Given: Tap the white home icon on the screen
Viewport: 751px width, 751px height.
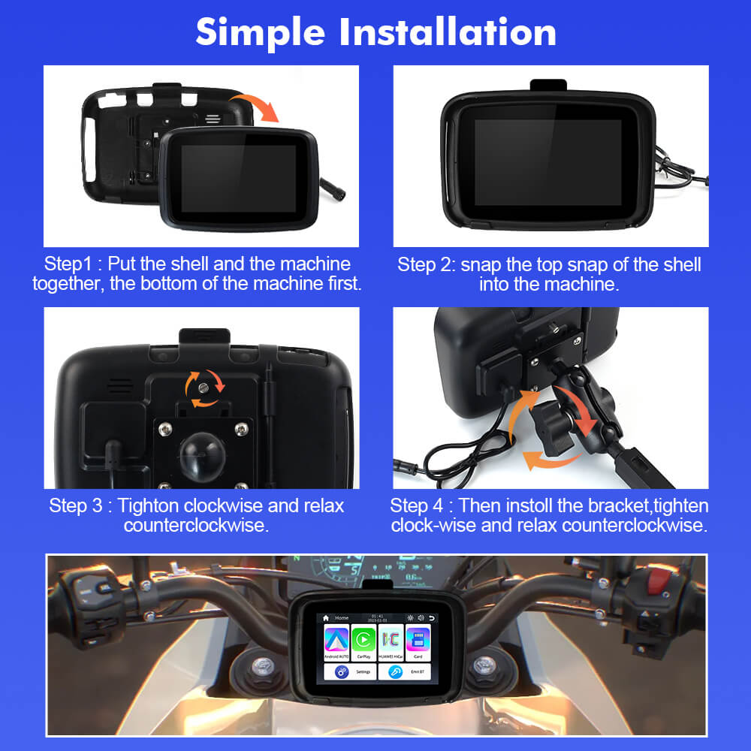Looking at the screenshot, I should [326, 617].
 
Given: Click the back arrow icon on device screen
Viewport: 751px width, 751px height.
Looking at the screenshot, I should [431, 617].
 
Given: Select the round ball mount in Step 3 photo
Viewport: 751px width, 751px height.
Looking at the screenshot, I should [204, 451].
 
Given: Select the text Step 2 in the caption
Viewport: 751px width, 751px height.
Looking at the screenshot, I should [426, 264].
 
